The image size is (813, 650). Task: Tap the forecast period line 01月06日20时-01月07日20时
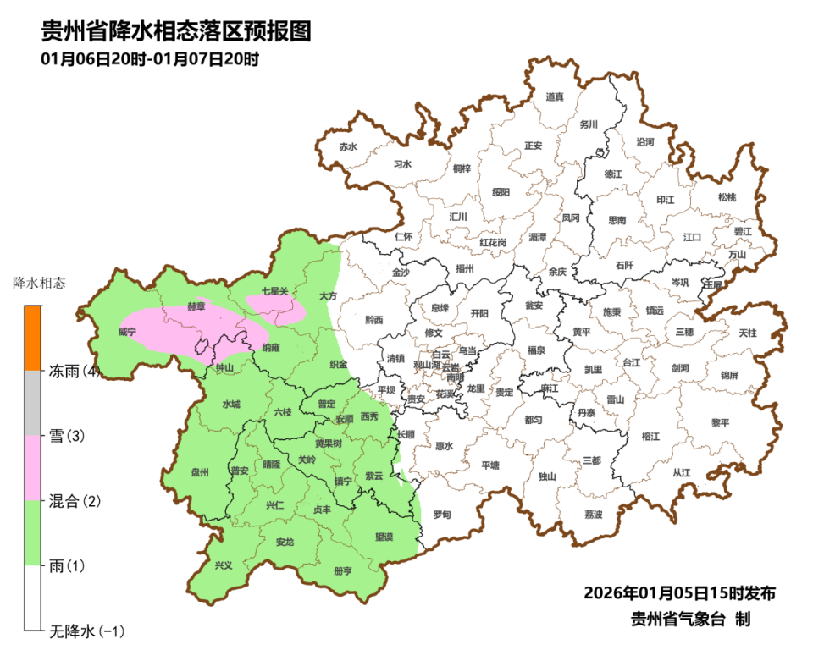tap(149, 59)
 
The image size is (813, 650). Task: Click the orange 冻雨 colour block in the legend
tap(32, 338)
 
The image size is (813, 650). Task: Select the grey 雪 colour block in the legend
tap(32, 403)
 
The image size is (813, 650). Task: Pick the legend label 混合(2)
tap(75, 501)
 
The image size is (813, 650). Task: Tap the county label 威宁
tap(127, 333)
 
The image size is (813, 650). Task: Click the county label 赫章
tap(196, 306)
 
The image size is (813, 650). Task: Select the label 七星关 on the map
tap(275, 291)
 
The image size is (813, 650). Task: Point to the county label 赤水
tap(347, 146)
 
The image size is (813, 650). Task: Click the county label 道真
tap(555, 97)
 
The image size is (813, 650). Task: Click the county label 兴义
tap(223, 565)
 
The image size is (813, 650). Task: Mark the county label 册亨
tap(343, 571)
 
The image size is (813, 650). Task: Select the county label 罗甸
tap(441, 514)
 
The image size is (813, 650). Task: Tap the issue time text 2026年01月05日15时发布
tap(679, 592)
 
